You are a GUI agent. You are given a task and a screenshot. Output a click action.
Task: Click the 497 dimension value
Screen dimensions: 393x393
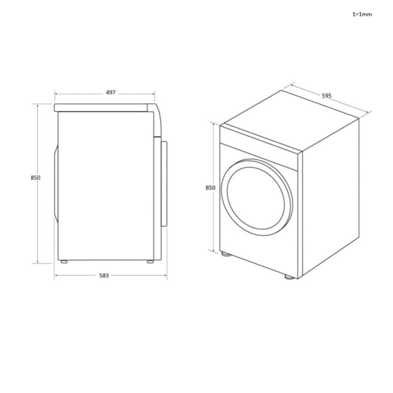(x=111, y=92)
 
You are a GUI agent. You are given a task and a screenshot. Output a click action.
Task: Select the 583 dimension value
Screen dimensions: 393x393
(x=104, y=276)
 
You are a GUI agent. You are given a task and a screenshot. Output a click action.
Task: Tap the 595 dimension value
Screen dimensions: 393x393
(x=326, y=96)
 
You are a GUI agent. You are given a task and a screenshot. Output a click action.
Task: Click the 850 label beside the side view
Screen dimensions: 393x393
(x=36, y=178)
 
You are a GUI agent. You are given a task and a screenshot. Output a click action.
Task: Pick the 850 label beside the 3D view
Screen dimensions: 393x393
(x=210, y=188)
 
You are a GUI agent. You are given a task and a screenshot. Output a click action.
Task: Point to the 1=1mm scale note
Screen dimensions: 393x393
(x=362, y=14)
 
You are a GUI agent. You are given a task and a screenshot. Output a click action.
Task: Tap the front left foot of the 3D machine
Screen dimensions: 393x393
(x=226, y=254)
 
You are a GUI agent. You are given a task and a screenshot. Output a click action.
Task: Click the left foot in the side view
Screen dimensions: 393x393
(x=64, y=261)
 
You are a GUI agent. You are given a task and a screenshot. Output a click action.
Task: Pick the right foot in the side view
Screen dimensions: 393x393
(x=150, y=261)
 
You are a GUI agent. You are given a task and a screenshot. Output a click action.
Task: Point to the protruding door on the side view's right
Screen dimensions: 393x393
(x=164, y=183)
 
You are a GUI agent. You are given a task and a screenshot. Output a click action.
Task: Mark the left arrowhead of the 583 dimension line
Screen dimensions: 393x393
(x=56, y=276)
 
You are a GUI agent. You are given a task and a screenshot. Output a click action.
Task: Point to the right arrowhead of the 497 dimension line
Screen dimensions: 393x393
(x=153, y=93)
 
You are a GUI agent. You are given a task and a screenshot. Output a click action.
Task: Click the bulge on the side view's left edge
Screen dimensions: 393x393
(x=55, y=184)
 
